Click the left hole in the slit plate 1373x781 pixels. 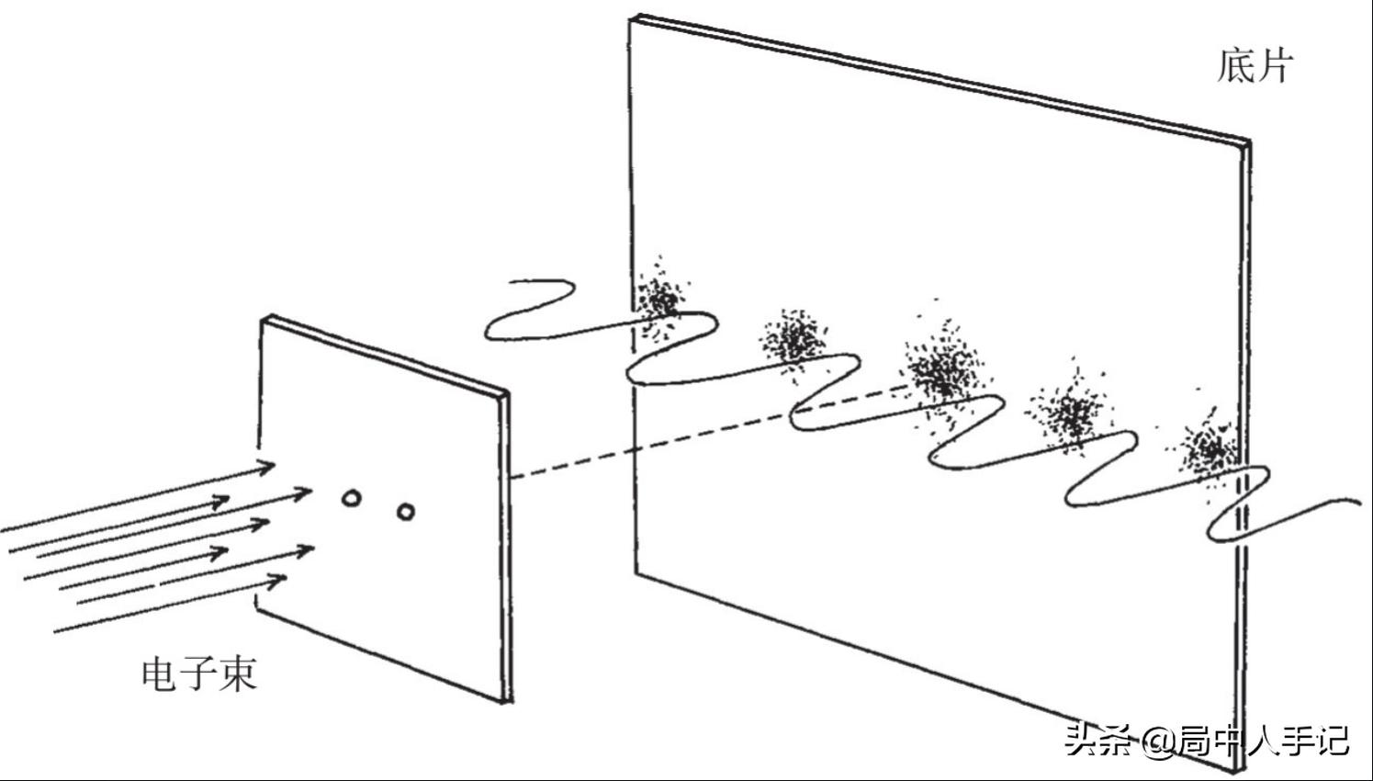(x=351, y=498)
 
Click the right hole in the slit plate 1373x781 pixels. (x=406, y=511)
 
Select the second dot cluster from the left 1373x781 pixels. (x=793, y=340)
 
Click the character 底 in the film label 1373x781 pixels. (x=1235, y=65)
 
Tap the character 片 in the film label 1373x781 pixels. (x=1275, y=65)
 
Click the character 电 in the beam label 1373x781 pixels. (x=160, y=674)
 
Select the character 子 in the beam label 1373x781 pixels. (x=198, y=674)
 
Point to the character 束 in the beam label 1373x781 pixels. (x=238, y=674)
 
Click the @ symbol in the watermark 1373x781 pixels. (x=1158, y=742)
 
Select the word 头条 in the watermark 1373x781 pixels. (x=1099, y=741)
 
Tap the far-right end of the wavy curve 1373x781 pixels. (x=1361, y=503)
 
